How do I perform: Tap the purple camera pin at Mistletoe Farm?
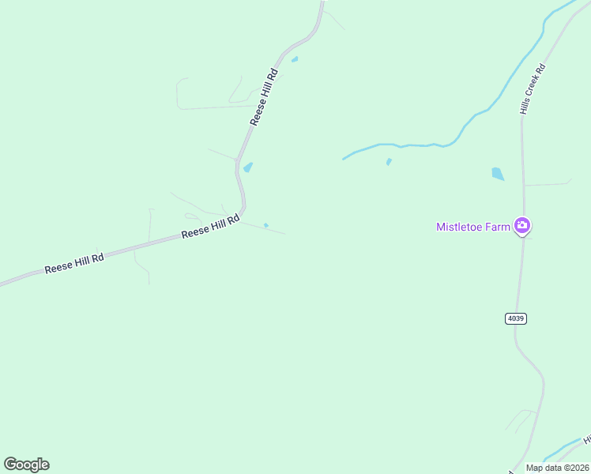coord(521,226)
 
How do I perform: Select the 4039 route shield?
coord(515,318)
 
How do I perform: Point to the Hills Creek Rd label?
coord(533,88)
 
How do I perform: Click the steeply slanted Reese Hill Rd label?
coord(264,97)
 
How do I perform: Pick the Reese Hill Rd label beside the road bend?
coord(210,228)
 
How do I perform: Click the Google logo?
coord(26,465)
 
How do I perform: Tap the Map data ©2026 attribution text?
coord(557,468)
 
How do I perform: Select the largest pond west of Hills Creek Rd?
coord(498,174)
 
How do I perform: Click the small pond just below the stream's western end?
coord(389,162)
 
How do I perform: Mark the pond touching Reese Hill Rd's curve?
coord(248,167)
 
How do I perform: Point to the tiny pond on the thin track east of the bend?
coord(266,225)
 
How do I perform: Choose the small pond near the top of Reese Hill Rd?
coord(295,59)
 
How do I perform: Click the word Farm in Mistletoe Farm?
coord(499,227)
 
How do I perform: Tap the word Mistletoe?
coord(461,227)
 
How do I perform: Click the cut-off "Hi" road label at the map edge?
coord(586,439)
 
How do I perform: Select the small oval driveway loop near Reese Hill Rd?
coord(191,216)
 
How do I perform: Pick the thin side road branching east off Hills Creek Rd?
coord(547,184)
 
